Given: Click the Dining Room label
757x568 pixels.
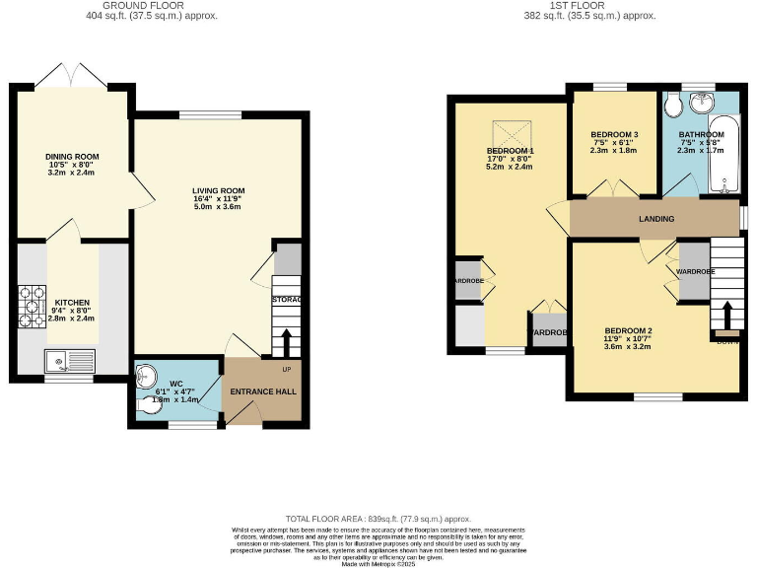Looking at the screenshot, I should pos(72,157).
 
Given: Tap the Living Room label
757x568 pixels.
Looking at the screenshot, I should pos(218,190).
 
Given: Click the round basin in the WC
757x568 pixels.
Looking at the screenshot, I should pos(144,375).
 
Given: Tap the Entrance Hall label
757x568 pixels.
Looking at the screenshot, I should pos(263,391).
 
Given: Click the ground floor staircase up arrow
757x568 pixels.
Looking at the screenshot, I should pos(287,341).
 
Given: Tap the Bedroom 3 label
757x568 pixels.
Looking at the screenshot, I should pos(615,134).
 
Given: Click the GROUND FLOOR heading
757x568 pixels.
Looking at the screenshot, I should pos(152,6).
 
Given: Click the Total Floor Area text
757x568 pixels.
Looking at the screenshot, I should pos(378,519).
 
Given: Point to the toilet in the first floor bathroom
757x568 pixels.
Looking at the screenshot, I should pos(673,105).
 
